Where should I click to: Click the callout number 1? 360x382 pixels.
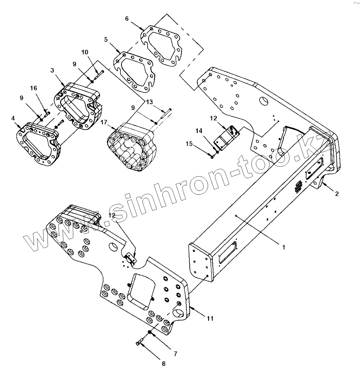(x=283, y=247)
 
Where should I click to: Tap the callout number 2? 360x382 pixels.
(x=337, y=194)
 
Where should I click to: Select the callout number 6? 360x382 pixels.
(x=127, y=19)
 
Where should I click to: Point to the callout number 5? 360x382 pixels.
(x=106, y=39)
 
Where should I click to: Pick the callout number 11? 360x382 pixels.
(x=210, y=319)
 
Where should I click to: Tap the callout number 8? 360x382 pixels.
(x=164, y=364)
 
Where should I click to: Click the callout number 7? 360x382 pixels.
(x=175, y=354)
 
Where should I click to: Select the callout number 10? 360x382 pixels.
(x=84, y=52)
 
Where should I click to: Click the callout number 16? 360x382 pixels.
(x=34, y=88)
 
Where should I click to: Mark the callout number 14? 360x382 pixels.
(x=199, y=131)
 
